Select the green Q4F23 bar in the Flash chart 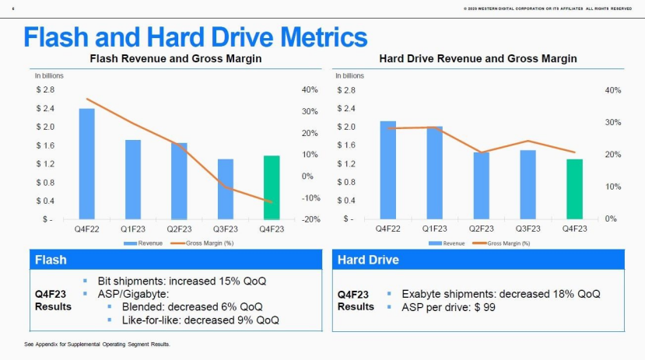(272, 187)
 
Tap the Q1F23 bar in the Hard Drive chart (434, 173)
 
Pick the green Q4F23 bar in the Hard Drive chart (574, 189)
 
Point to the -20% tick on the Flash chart (310, 219)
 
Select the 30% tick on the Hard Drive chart (611, 123)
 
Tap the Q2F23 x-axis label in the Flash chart (179, 229)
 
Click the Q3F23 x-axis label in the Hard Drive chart (528, 229)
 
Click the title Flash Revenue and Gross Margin (176, 59)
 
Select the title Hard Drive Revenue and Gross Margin (478, 59)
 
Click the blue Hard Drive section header (482, 260)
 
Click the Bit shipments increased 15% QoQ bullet (182, 280)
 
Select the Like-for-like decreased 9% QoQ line (200, 320)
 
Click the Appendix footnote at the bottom (98, 344)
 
